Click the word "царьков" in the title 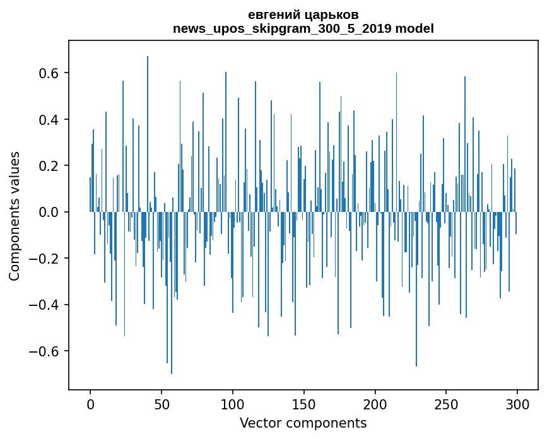(331, 15)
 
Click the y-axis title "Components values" (15, 216)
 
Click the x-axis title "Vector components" (303, 423)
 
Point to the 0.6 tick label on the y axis (48, 73)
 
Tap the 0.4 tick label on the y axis (48, 120)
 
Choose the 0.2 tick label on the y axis (48, 166)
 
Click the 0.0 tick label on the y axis (48, 213)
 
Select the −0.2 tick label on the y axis (44, 259)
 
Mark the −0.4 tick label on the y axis (44, 305)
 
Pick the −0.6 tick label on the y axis (44, 351)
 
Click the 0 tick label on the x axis (90, 404)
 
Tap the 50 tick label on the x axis (162, 404)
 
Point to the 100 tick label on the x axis (233, 404)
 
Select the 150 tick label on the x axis (304, 404)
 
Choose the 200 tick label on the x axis (375, 404)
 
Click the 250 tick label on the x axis (447, 404)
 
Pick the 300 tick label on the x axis (518, 404)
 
